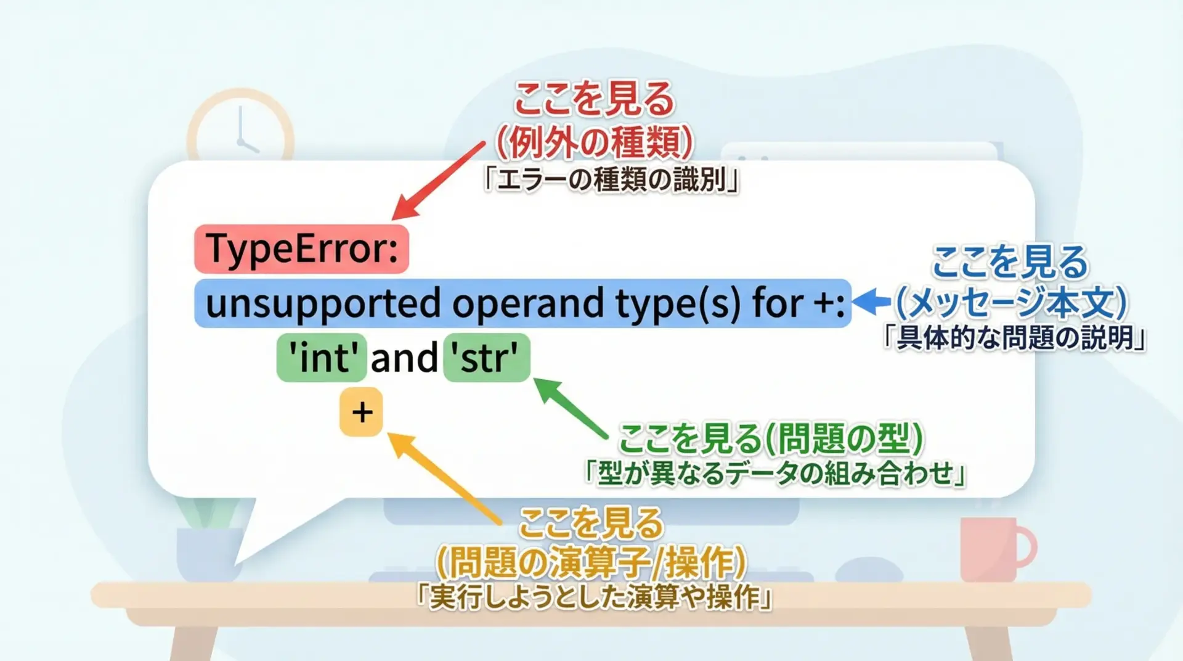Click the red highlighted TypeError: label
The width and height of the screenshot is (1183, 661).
(x=301, y=249)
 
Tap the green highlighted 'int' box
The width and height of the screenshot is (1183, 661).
(x=322, y=358)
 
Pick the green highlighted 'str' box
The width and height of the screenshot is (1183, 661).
(x=487, y=358)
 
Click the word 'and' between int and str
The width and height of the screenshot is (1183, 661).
(x=404, y=358)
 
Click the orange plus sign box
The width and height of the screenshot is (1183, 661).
(x=362, y=412)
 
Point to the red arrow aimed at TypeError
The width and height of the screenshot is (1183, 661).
(x=438, y=181)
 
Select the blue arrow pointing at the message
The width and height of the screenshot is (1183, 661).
(x=872, y=302)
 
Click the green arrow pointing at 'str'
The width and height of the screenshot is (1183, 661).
(x=571, y=408)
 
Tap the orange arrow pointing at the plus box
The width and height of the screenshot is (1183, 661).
(x=444, y=478)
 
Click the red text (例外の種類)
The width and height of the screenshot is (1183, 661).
(x=594, y=142)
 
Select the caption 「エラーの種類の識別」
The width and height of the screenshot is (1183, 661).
(x=611, y=181)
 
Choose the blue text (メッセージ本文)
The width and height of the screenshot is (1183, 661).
(x=1011, y=302)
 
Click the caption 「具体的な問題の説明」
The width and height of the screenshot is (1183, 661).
(x=1014, y=338)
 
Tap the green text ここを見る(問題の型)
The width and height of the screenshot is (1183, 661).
(x=771, y=438)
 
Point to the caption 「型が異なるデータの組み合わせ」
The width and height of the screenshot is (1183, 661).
(x=774, y=474)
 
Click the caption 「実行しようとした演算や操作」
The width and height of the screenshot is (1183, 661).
(x=595, y=597)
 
